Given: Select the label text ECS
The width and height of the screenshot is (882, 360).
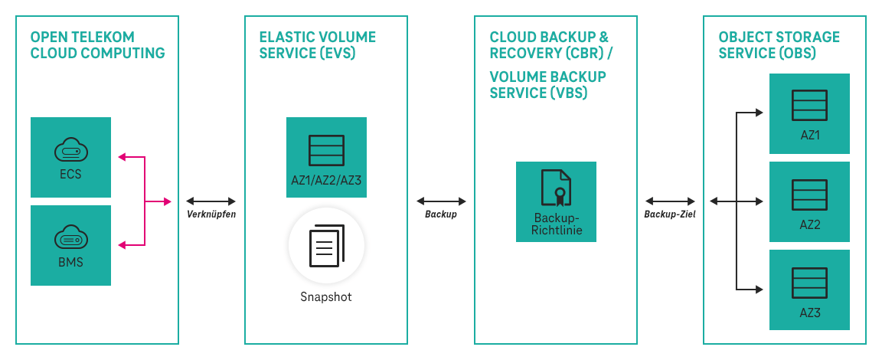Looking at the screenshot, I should click(70, 174).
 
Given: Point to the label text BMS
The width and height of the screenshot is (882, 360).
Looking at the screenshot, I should click(70, 263).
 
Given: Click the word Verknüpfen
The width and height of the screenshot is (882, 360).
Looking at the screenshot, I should click(211, 214).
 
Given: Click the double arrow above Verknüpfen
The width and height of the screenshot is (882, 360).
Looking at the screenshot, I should click(211, 201).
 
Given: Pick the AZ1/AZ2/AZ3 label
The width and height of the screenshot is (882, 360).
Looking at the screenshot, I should click(326, 180).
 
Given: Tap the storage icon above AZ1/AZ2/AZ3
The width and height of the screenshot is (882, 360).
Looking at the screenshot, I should click(326, 151).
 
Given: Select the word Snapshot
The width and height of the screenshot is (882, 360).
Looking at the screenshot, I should click(326, 296).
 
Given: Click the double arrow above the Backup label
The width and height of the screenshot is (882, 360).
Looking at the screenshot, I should click(441, 201).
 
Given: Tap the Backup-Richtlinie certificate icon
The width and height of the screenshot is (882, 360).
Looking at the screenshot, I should click(556, 188).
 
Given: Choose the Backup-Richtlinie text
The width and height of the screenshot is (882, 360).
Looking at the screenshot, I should click(556, 223).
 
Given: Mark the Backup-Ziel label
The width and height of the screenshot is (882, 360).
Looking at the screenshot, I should click(670, 214).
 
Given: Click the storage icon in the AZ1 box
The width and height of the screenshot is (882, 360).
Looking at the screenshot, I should click(809, 106).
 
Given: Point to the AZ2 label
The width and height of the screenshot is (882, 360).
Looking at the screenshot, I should click(809, 224).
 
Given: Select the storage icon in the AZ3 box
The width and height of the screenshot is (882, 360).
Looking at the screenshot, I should click(809, 283).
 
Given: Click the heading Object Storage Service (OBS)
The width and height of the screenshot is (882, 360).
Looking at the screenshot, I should click(779, 45).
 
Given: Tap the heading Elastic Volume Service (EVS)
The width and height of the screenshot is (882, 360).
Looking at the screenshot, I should click(318, 45).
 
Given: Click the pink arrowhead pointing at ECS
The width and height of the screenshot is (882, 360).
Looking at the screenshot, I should click(121, 157).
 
